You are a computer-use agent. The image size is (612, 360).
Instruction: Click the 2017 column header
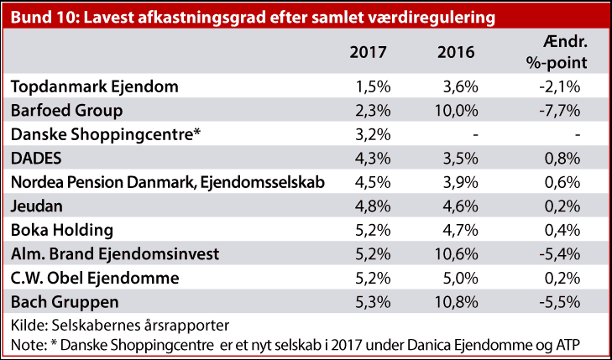coord(368,52)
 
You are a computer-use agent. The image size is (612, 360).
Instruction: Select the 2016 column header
coord(456,52)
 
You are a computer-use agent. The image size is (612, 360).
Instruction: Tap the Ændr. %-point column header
coord(562,52)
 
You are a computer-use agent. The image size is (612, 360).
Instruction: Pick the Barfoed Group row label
coord(67,110)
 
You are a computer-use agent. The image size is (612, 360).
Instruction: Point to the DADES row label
coord(36,157)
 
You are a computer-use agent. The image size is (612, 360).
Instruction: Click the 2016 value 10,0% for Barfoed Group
coord(458,110)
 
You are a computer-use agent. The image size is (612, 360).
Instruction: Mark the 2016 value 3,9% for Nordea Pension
coord(461,180)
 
